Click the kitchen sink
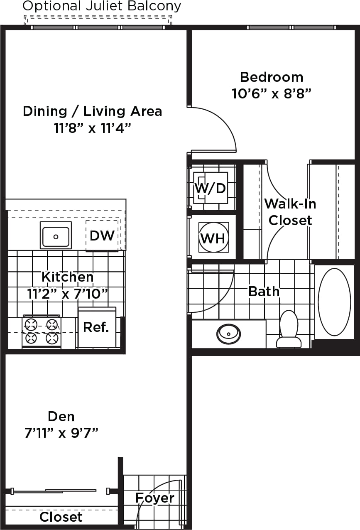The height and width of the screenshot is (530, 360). coord(56,236)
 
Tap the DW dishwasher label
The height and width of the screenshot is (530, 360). coord(102,236)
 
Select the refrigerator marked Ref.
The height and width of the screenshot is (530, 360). coord(97,327)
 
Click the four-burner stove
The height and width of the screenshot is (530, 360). coord(42,331)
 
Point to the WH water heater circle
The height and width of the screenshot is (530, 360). coord(213,238)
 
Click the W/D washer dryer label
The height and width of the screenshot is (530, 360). coord(210,188)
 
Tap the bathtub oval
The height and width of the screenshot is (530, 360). coord(334,302)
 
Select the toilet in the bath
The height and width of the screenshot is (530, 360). coord(289,329)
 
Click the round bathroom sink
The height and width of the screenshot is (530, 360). coord(228,334)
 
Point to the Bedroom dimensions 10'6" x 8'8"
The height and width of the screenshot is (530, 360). coord(271,94)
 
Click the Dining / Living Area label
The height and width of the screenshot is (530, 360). coord(93,111)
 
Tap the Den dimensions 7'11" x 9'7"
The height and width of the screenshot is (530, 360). coord(61,433)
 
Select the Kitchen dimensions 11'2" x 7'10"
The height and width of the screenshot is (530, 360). coord(68,294)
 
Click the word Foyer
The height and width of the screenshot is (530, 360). coord(155,498)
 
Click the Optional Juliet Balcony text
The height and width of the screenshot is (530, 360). coord(102,6)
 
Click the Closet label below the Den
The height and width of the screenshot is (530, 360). coord(61,517)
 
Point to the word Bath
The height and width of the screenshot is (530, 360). coord(264,291)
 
